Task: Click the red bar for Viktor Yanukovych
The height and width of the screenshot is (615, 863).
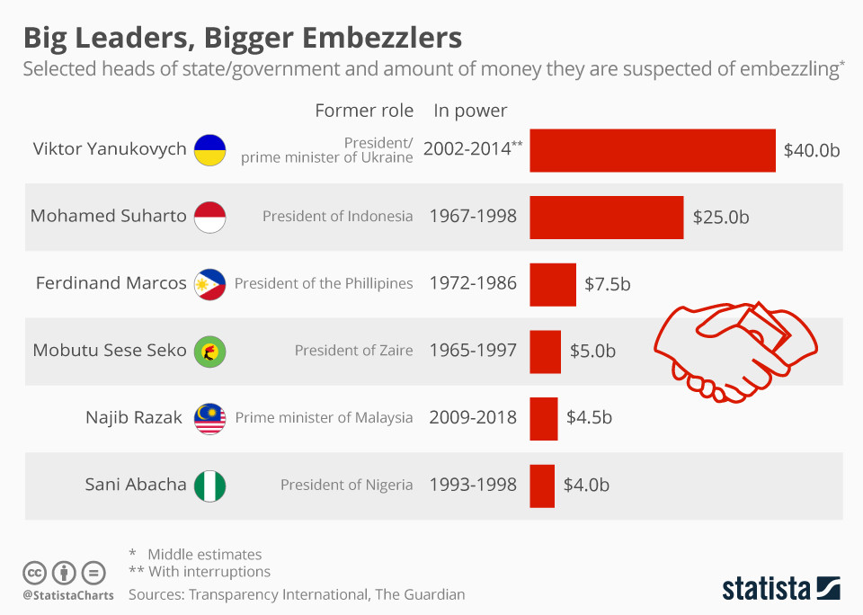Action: (652, 150)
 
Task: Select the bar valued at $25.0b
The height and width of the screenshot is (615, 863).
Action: (606, 217)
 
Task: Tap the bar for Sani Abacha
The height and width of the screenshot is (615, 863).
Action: (542, 486)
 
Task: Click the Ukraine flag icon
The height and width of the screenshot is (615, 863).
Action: (210, 149)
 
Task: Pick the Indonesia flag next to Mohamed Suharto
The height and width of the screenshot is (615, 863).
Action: (210, 217)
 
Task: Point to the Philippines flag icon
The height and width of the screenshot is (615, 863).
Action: (210, 284)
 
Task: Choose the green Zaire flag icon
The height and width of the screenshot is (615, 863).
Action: (210, 351)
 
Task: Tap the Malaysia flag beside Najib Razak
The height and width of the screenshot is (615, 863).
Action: (210, 418)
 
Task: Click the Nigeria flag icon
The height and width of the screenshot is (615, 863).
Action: (210, 486)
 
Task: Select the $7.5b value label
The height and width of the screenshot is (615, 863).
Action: (608, 284)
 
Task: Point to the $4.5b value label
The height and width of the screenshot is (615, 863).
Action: (589, 418)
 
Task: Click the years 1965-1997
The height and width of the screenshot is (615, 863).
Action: (473, 351)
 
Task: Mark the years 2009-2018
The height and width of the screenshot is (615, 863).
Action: (473, 418)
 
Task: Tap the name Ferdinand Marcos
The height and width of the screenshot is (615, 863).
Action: (111, 283)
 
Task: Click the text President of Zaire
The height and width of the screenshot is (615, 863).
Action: (353, 351)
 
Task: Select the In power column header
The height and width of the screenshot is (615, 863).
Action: (470, 111)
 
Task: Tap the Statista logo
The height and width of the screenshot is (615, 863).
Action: (780, 589)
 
